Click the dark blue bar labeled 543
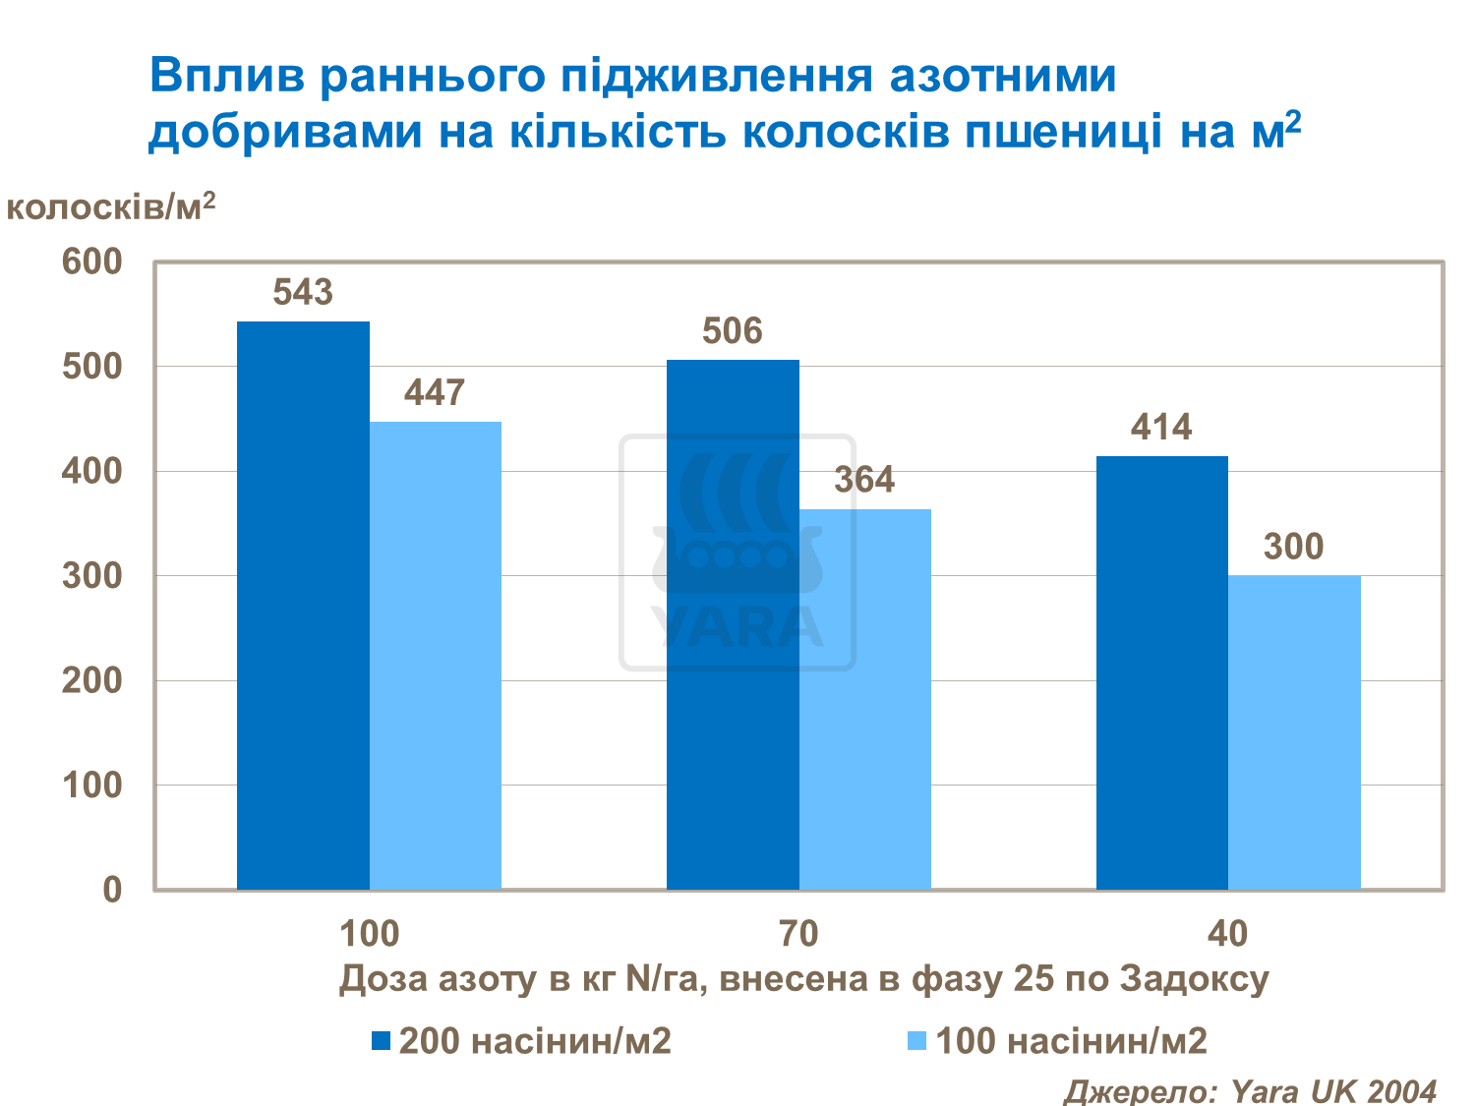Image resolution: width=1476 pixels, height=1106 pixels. click(303, 605)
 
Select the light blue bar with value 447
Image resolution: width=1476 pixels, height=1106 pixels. click(436, 656)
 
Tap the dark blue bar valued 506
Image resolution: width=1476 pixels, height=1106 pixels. click(733, 624)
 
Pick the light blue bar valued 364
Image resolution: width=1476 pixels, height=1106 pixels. click(865, 699)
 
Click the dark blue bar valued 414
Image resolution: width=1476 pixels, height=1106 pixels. click(1161, 672)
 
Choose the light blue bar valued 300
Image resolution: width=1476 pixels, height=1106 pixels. click(1294, 732)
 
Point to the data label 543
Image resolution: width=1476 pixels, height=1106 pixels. click(303, 293)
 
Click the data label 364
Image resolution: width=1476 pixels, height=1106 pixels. click(864, 480)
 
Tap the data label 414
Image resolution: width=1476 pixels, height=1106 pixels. click(1161, 428)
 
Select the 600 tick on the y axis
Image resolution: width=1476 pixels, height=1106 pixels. click(92, 262)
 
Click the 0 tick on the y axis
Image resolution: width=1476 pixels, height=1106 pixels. click(112, 890)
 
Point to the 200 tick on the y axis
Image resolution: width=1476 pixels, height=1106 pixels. click(92, 680)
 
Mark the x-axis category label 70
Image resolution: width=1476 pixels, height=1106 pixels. click(797, 933)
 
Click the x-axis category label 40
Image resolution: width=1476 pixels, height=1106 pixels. click(1227, 933)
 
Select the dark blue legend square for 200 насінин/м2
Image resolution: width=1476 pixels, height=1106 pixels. click(382, 1041)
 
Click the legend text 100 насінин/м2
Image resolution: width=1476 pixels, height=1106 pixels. click(1071, 1041)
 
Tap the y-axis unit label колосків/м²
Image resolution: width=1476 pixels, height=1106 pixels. click(110, 206)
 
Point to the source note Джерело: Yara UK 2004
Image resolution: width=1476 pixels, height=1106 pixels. click(1250, 1090)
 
